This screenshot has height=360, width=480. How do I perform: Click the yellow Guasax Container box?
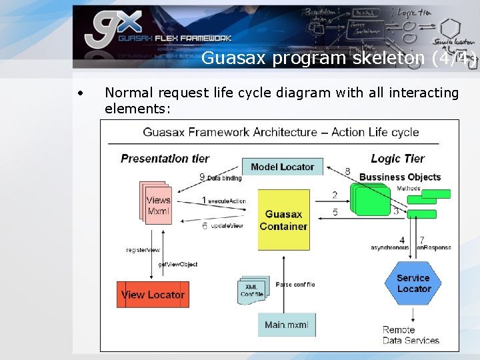[283, 220]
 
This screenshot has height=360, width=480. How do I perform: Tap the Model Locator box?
[282, 167]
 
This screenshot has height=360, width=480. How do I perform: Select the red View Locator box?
[153, 295]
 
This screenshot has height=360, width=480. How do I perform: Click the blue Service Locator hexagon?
[413, 283]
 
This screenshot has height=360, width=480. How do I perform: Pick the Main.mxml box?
[286, 325]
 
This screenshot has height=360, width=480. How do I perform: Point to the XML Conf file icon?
[253, 290]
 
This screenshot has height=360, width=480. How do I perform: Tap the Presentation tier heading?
[165, 159]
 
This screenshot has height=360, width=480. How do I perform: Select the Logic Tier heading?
[397, 158]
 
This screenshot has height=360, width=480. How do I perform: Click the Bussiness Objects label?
[399, 177]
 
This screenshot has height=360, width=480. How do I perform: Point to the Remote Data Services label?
[410, 335]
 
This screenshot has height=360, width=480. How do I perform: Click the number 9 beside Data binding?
[202, 177]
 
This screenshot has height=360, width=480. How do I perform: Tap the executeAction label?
[227, 201]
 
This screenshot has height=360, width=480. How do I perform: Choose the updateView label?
[226, 226]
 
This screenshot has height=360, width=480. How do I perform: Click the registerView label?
[143, 250]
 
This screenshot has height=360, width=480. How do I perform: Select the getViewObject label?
[177, 265]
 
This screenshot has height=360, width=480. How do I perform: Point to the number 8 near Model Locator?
[347, 171]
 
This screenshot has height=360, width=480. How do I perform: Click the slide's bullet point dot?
[79, 93]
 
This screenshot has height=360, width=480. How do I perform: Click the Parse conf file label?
[295, 285]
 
